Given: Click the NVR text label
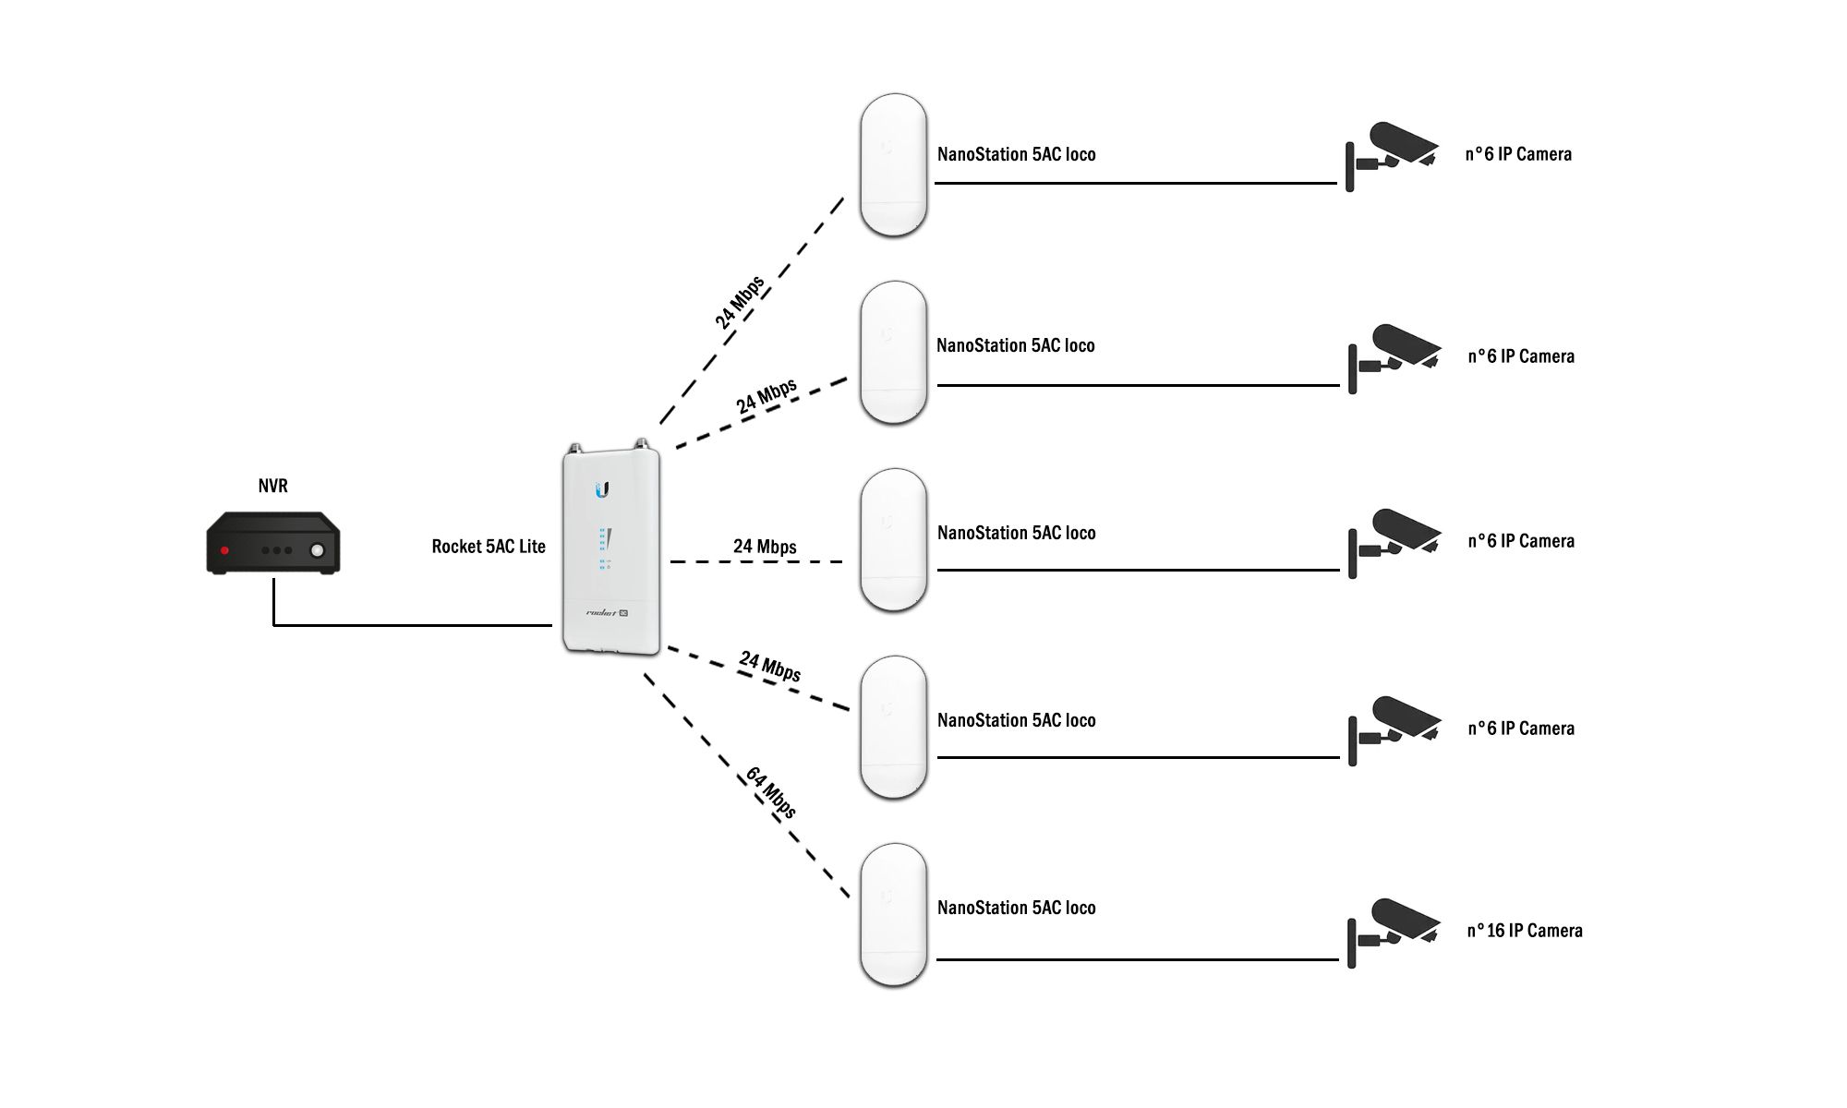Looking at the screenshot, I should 272,486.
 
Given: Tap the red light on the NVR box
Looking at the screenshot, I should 224,550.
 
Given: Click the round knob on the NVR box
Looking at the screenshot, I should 317,550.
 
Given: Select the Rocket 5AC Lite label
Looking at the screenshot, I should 489,547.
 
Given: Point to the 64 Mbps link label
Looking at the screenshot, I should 771,792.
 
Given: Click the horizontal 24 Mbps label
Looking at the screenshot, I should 765,547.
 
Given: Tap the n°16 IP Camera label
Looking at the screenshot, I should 1525,931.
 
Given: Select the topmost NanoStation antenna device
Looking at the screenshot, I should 893,164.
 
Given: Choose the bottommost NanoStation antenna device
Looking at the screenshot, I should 893,914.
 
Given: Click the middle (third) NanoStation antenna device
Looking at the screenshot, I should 893,539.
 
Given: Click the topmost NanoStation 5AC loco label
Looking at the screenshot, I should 1016,154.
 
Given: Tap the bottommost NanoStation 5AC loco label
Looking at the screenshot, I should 1016,908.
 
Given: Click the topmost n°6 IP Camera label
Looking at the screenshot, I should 1518,154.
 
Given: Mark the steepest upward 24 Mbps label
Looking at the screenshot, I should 740,302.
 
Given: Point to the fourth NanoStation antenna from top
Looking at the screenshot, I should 893,727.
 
